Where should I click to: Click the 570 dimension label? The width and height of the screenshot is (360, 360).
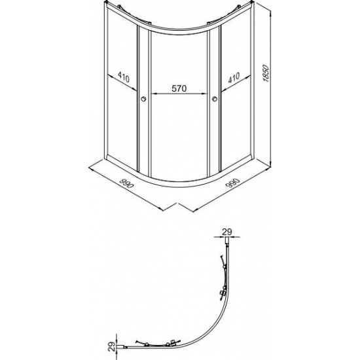coord(179,88)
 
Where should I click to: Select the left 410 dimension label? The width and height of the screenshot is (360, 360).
coord(124,77)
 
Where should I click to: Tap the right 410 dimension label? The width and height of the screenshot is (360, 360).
coord(234,78)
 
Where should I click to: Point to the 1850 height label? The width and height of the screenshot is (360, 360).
coord(266,73)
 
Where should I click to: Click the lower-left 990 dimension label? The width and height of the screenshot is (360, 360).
coord(126,183)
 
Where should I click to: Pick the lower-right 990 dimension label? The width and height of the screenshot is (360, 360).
coord(232,183)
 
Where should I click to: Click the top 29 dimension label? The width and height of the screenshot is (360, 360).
coord(227,232)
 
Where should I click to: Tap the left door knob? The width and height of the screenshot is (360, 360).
coord(143,99)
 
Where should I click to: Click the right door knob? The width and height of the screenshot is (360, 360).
coord(215,99)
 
